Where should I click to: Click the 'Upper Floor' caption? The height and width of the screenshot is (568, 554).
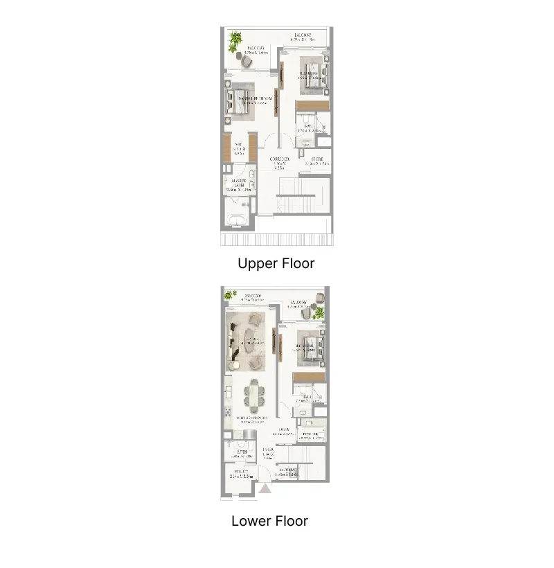tap(276, 263)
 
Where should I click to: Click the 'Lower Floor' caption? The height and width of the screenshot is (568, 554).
tap(269, 521)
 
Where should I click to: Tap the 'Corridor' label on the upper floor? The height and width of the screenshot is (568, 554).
tap(279, 161)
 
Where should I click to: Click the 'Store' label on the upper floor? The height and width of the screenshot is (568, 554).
tap(318, 161)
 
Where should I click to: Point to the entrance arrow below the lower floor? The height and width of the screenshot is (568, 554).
tap(264, 489)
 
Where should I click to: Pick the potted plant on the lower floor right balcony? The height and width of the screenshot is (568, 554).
tap(319, 314)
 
